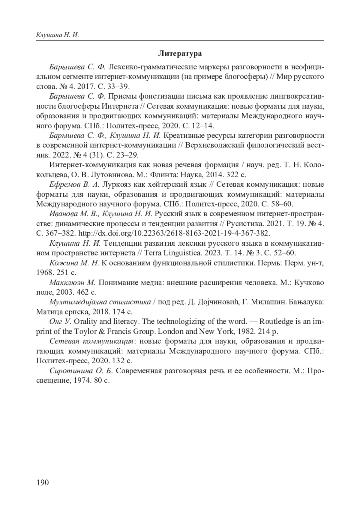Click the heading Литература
pos(180,54)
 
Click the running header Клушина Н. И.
pos(57,35)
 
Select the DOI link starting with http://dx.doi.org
pos(174,233)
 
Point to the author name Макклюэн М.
pos(72,283)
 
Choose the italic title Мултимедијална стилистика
pos(100,302)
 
